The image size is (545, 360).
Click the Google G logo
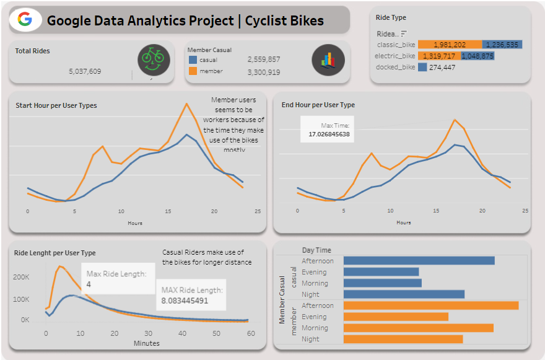coord(25,20)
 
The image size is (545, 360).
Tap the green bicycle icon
coord(153,59)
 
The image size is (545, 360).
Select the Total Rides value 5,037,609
coord(85,71)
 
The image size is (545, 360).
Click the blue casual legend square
coord(193,59)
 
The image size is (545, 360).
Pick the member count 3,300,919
coord(263,72)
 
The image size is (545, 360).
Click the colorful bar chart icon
coord(328,60)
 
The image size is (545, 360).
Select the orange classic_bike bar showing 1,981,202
coord(450,45)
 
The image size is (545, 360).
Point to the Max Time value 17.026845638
coord(329,134)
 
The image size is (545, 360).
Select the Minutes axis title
coord(146,343)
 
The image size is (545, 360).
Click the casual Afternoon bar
coord(419,261)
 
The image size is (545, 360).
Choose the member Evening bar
coord(396,317)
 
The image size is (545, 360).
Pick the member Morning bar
coord(418,328)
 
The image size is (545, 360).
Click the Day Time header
coord(316,250)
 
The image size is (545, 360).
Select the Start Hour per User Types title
coord(56,105)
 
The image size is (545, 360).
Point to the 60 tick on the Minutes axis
coord(250,334)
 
